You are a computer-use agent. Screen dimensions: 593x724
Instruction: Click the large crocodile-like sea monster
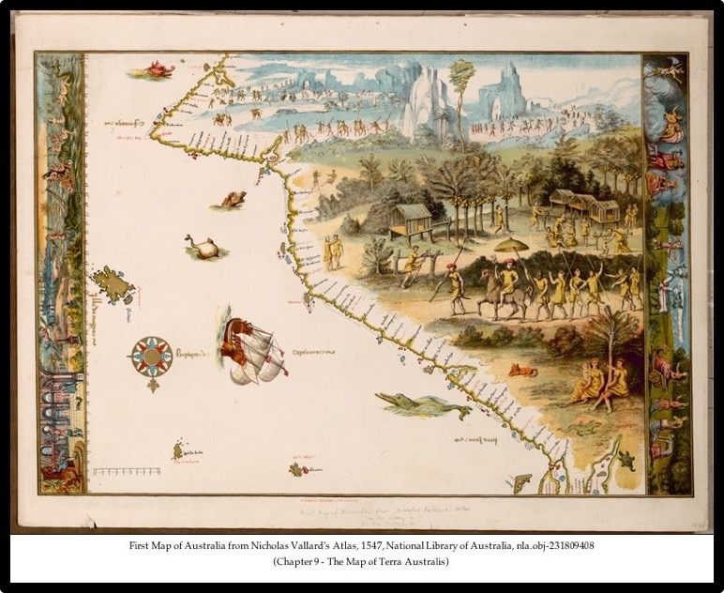[x=422, y=405]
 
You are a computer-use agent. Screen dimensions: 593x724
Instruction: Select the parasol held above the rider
[x=511, y=246]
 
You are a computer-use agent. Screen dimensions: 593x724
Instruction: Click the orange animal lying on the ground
[x=522, y=371]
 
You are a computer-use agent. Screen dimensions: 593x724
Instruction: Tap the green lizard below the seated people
[x=583, y=428]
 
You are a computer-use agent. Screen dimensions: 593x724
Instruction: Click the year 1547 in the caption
[x=425, y=544]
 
